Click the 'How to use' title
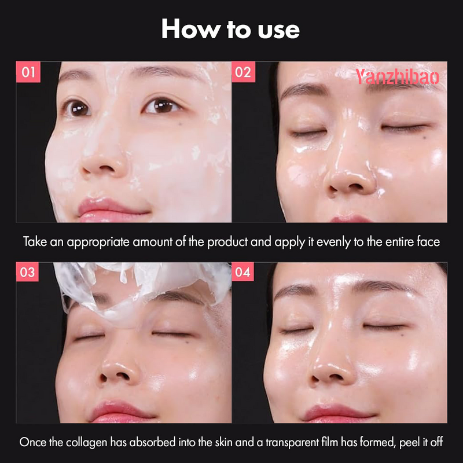coord(230,29)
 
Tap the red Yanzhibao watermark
coord(397,76)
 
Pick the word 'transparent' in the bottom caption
coord(299,442)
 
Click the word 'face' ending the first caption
coord(428,242)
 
